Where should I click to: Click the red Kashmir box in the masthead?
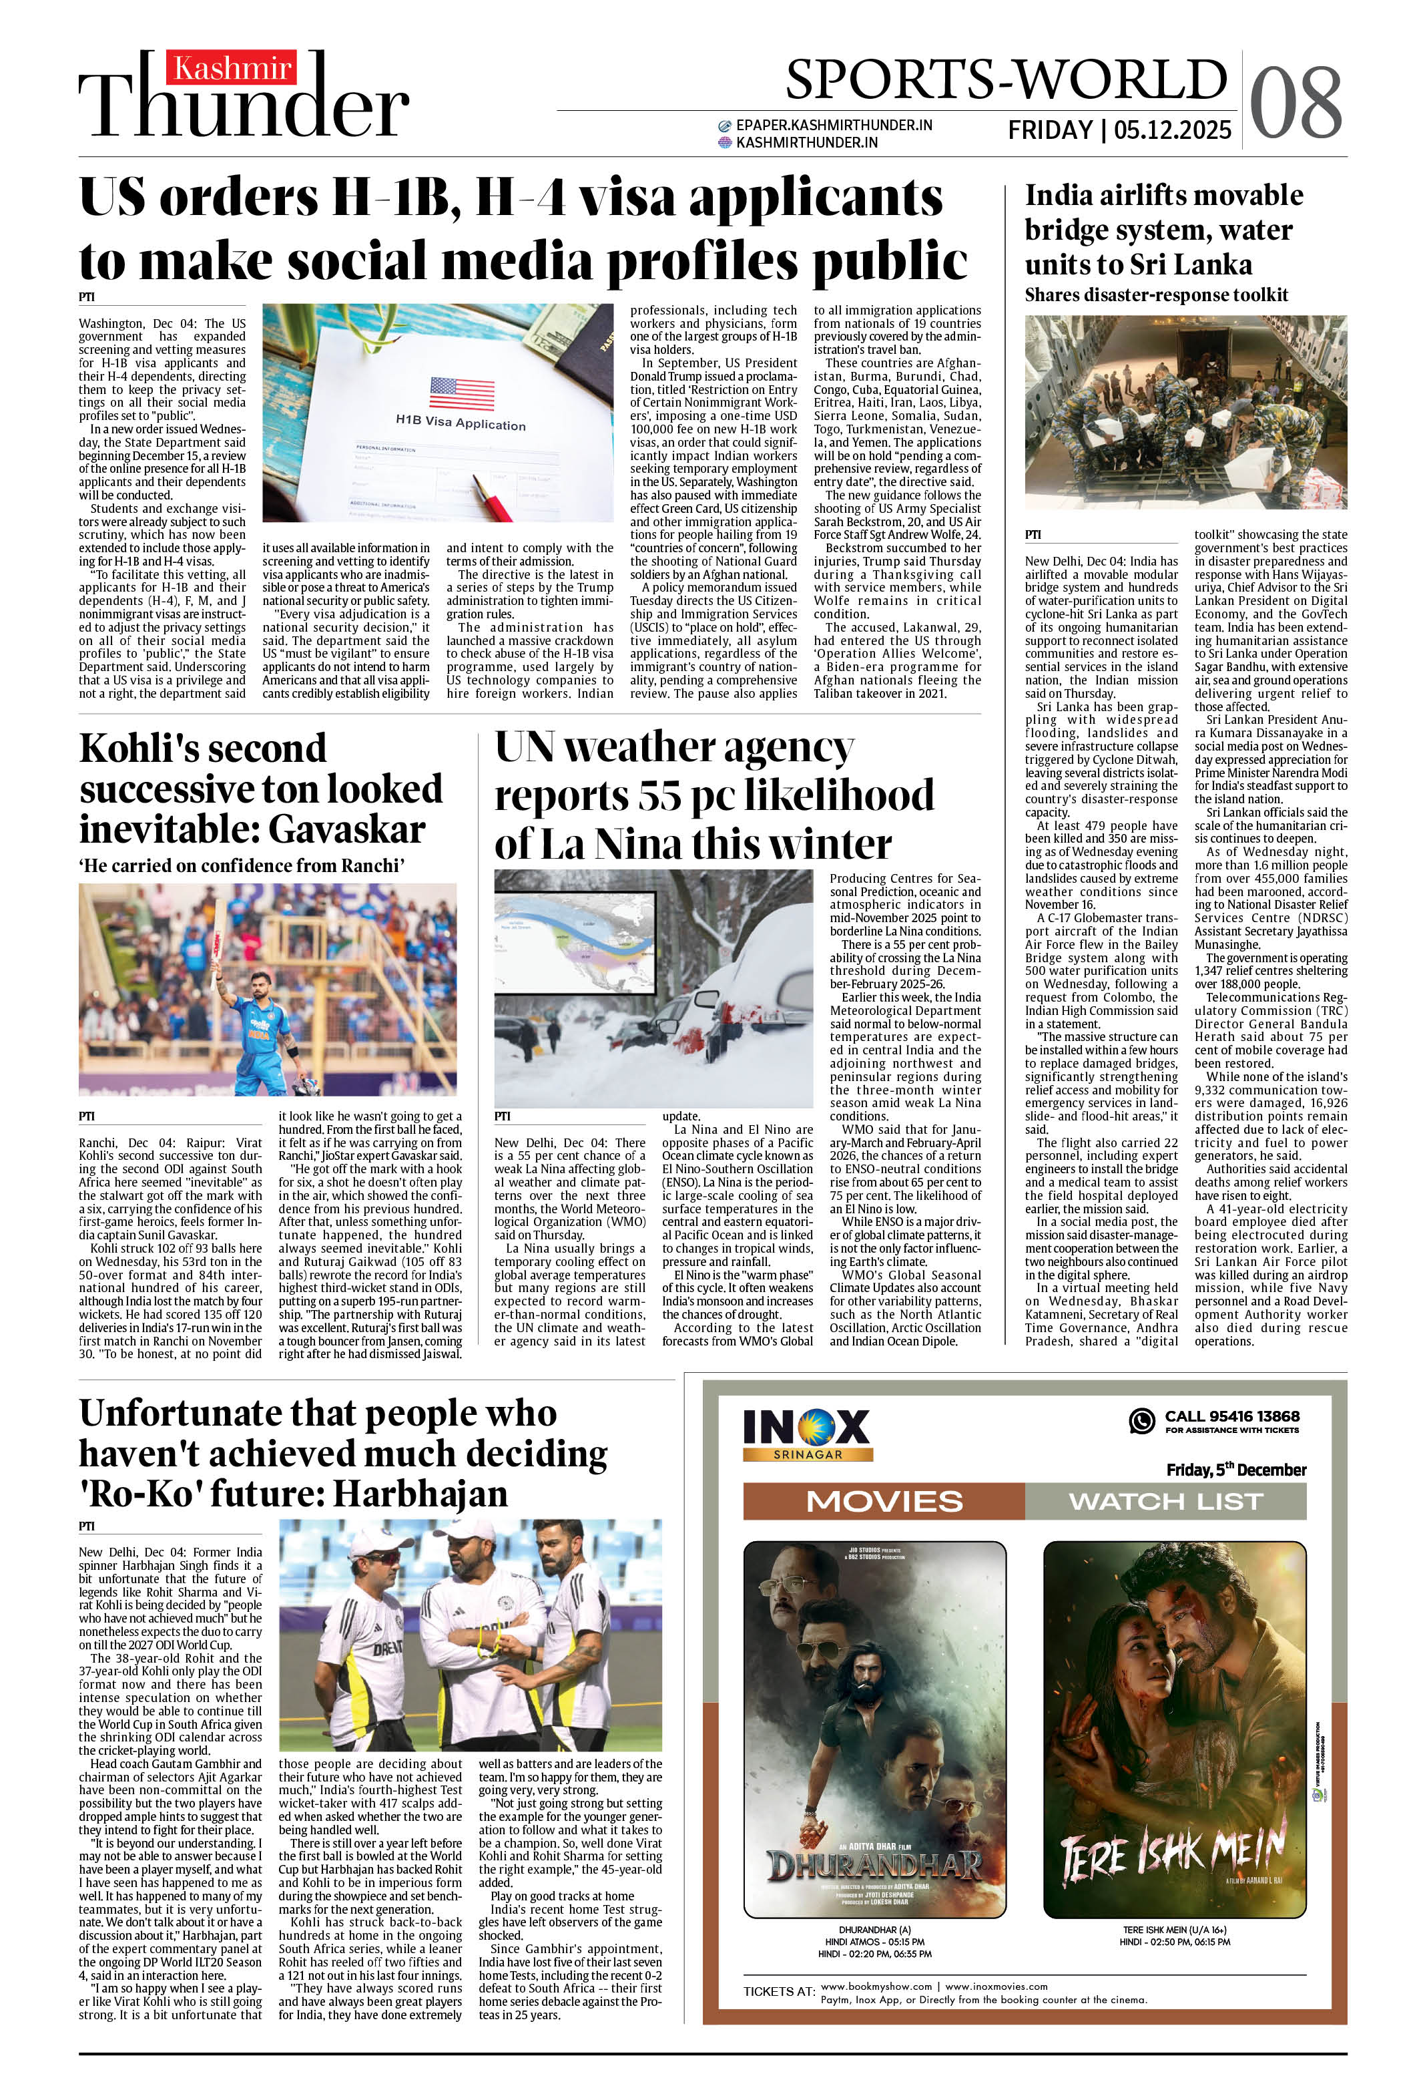click(232, 68)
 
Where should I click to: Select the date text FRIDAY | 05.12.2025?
click(1119, 130)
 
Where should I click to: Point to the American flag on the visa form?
click(461, 393)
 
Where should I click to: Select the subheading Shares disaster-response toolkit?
click(1155, 295)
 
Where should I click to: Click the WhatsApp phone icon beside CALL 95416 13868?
click(1141, 1420)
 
